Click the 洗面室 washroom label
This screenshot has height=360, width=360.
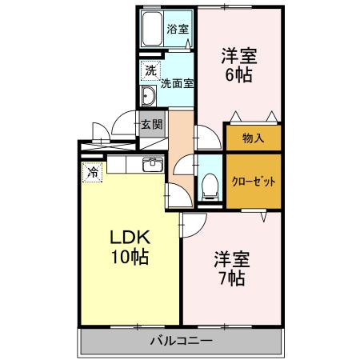(177, 82)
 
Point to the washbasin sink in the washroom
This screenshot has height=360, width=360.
(149, 98)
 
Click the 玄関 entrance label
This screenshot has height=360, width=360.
(151, 124)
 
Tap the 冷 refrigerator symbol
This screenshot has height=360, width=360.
(93, 171)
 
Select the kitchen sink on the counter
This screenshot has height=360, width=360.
(152, 166)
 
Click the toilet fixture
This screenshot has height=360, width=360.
(209, 185)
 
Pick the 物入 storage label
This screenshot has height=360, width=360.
(253, 138)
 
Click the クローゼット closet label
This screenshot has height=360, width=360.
(253, 182)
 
